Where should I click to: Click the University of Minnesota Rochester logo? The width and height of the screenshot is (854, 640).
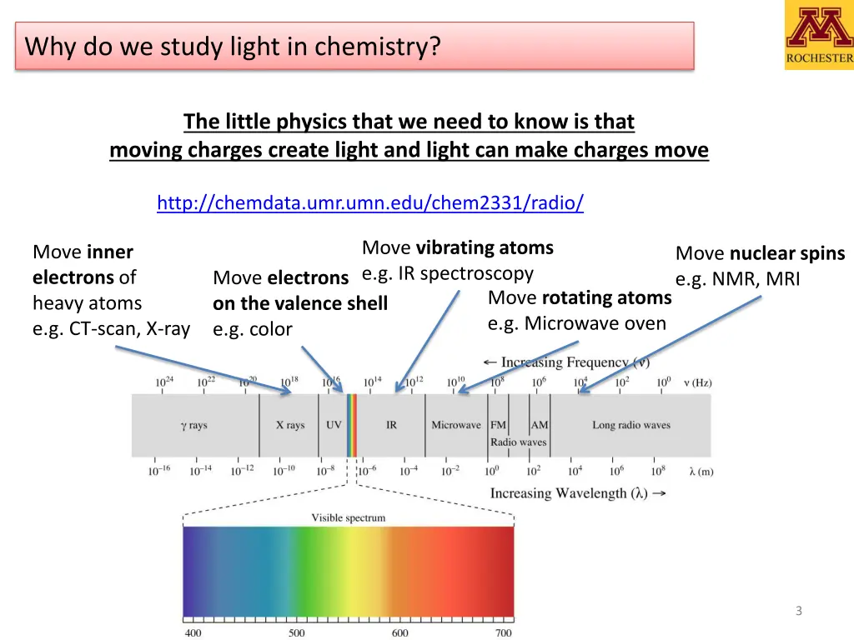[818, 34]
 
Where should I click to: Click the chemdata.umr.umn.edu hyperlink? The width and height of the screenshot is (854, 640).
[370, 202]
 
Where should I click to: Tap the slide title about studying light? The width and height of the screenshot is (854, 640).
[233, 46]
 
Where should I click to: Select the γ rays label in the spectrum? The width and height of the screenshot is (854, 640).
[193, 425]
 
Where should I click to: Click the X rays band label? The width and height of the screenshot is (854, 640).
[290, 425]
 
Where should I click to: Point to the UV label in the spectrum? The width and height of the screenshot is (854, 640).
[334, 425]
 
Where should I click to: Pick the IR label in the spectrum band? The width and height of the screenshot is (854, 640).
[391, 425]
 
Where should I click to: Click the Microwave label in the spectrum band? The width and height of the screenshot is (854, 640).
[456, 425]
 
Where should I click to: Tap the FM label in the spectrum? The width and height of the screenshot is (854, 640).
[498, 425]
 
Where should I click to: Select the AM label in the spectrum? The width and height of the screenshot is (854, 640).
[540, 425]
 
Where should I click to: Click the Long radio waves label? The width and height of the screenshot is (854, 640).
[631, 425]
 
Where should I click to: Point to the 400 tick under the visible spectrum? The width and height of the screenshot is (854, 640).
[193, 632]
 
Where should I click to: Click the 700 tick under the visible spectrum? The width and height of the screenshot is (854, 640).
[504, 632]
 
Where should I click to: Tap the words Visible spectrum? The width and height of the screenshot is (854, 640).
[349, 517]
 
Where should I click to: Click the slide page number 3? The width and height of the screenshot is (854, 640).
[798, 611]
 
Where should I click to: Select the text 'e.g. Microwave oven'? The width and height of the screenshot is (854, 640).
[577, 323]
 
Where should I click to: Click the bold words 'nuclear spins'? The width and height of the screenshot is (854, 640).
[787, 253]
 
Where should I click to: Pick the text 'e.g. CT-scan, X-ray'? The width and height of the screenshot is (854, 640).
[111, 328]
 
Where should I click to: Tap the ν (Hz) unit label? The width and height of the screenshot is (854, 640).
[697, 383]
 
